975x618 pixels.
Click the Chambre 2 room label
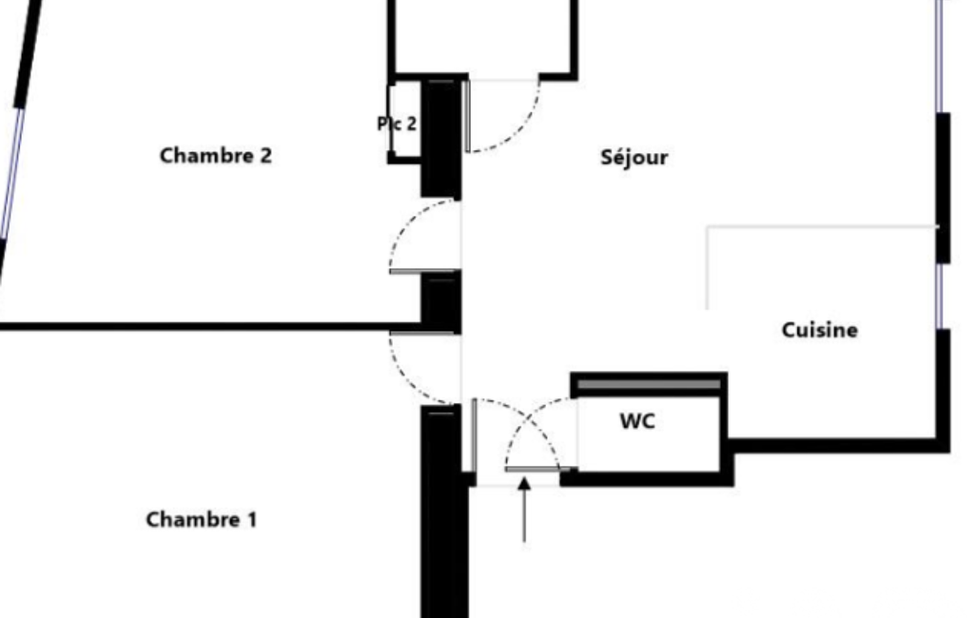[x=216, y=155]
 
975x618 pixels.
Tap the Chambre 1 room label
[x=202, y=519]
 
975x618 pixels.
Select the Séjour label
[x=634, y=157]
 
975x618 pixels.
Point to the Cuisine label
[x=820, y=330]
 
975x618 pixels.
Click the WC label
[x=637, y=421]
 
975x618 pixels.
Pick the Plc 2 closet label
[x=397, y=124]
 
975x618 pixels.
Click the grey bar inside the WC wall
[x=649, y=385]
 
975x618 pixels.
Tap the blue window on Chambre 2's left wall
[x=12, y=173]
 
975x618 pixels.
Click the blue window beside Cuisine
[x=941, y=296]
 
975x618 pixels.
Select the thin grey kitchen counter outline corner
[x=708, y=227]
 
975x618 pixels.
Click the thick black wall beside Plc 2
[x=441, y=138]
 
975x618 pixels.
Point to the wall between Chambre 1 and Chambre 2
[x=210, y=326]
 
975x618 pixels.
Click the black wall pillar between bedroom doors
[x=441, y=303]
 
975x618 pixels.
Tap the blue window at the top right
[x=940, y=56]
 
